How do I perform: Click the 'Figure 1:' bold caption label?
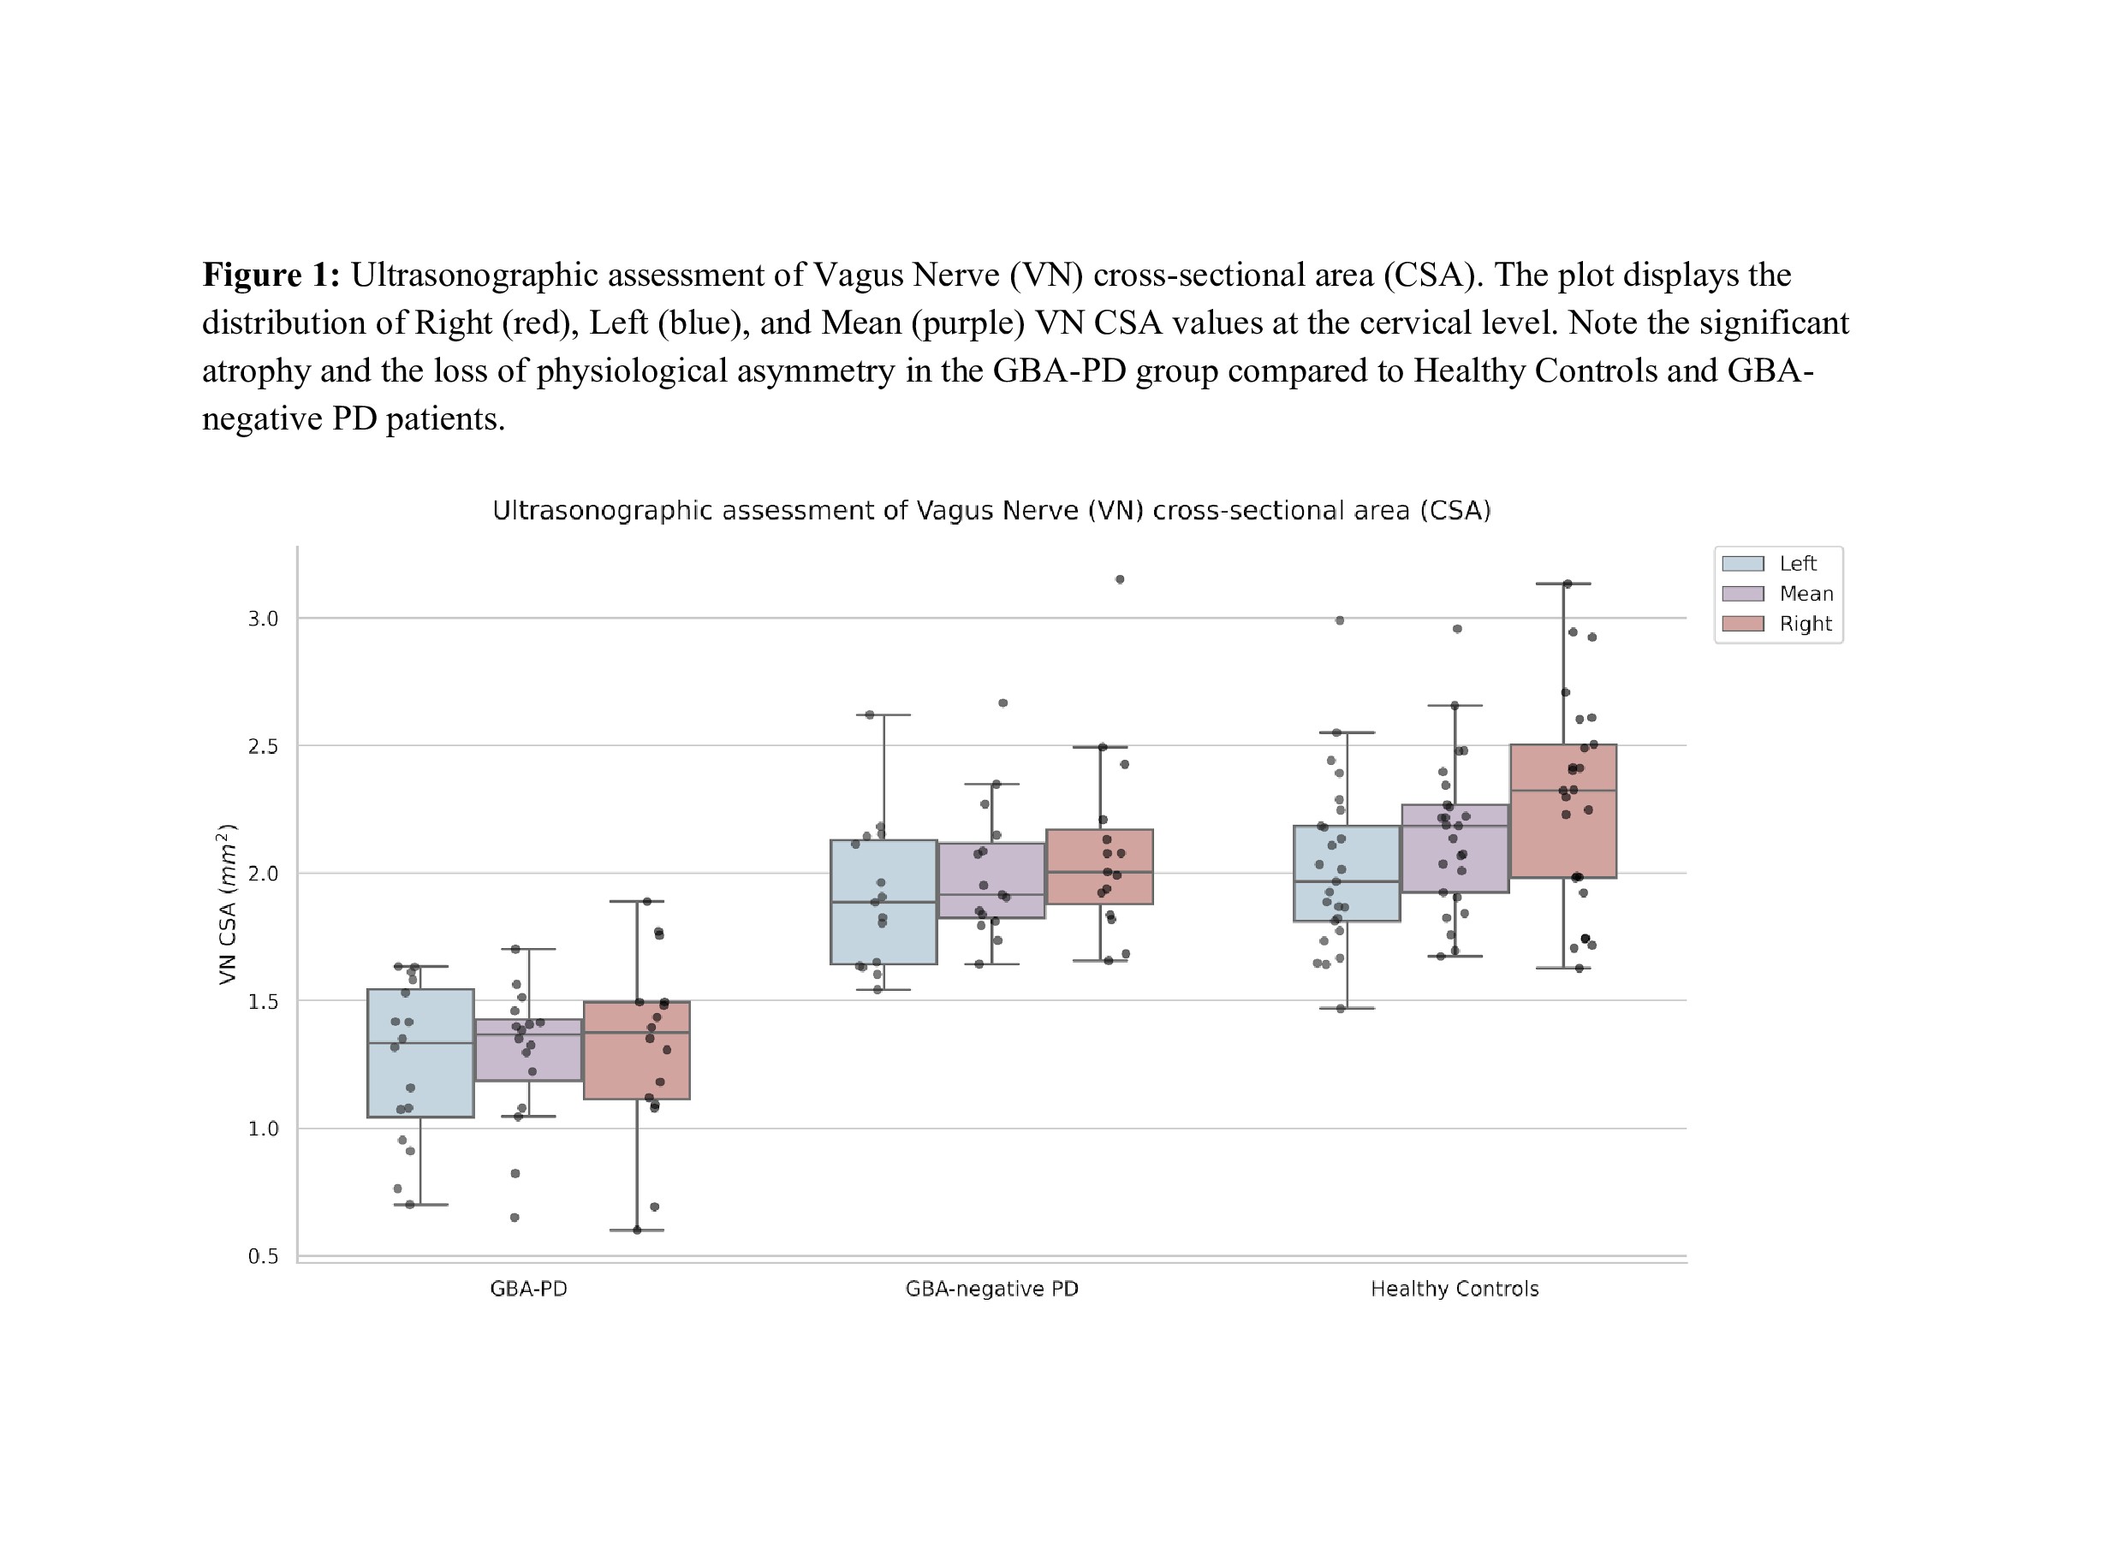(x=271, y=275)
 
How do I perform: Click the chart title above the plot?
(x=991, y=511)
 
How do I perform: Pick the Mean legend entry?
(x=1777, y=594)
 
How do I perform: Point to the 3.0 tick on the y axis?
(x=264, y=619)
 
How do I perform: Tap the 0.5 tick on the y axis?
(x=264, y=1256)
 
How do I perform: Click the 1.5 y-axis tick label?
(x=264, y=1001)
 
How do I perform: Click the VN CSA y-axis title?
(x=227, y=904)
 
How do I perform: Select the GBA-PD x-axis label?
(x=528, y=1289)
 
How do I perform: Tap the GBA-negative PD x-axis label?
(x=991, y=1289)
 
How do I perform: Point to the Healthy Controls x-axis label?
(x=1455, y=1289)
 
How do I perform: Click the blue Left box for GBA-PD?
(x=420, y=1053)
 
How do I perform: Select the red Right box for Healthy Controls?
(x=1563, y=811)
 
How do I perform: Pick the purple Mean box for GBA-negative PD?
(x=991, y=880)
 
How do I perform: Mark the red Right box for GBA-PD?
(x=636, y=1051)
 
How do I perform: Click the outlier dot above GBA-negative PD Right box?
(x=1120, y=579)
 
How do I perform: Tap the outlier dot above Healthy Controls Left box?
(x=1340, y=620)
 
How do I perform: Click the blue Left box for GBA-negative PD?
(x=884, y=902)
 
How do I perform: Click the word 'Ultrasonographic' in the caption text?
(x=475, y=275)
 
